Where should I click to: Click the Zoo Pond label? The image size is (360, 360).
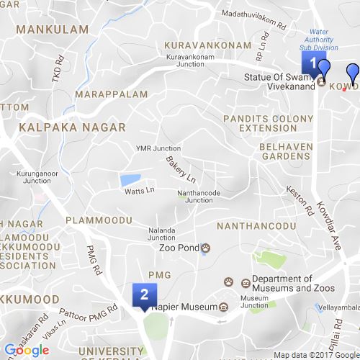(x=179, y=248)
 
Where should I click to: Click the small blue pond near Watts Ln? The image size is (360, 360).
(x=130, y=179)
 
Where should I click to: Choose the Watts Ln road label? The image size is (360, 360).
(x=140, y=191)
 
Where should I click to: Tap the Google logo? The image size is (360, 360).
(x=26, y=351)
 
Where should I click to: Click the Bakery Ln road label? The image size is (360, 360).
(x=181, y=168)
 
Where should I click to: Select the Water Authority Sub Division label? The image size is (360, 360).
(x=328, y=40)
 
